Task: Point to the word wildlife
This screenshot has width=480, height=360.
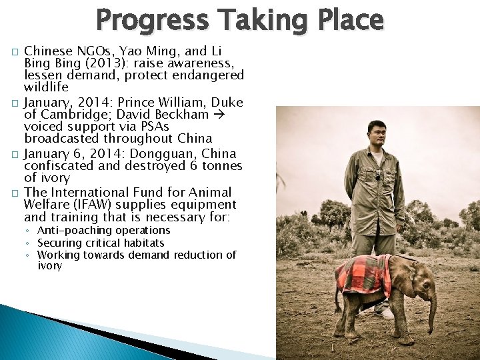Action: (x=46, y=87)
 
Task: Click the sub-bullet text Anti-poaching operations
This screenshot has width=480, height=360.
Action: (x=103, y=231)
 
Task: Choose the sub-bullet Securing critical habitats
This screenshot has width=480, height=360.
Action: (x=100, y=243)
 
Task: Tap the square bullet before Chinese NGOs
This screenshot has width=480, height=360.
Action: (x=15, y=52)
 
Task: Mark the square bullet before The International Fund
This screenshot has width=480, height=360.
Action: (x=15, y=193)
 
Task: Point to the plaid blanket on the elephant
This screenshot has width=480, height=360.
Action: (x=363, y=274)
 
